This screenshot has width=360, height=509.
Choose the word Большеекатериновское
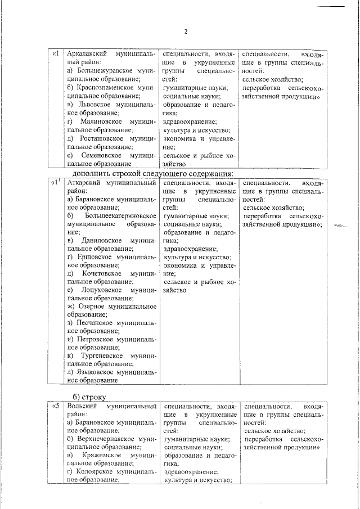(x=119, y=215)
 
